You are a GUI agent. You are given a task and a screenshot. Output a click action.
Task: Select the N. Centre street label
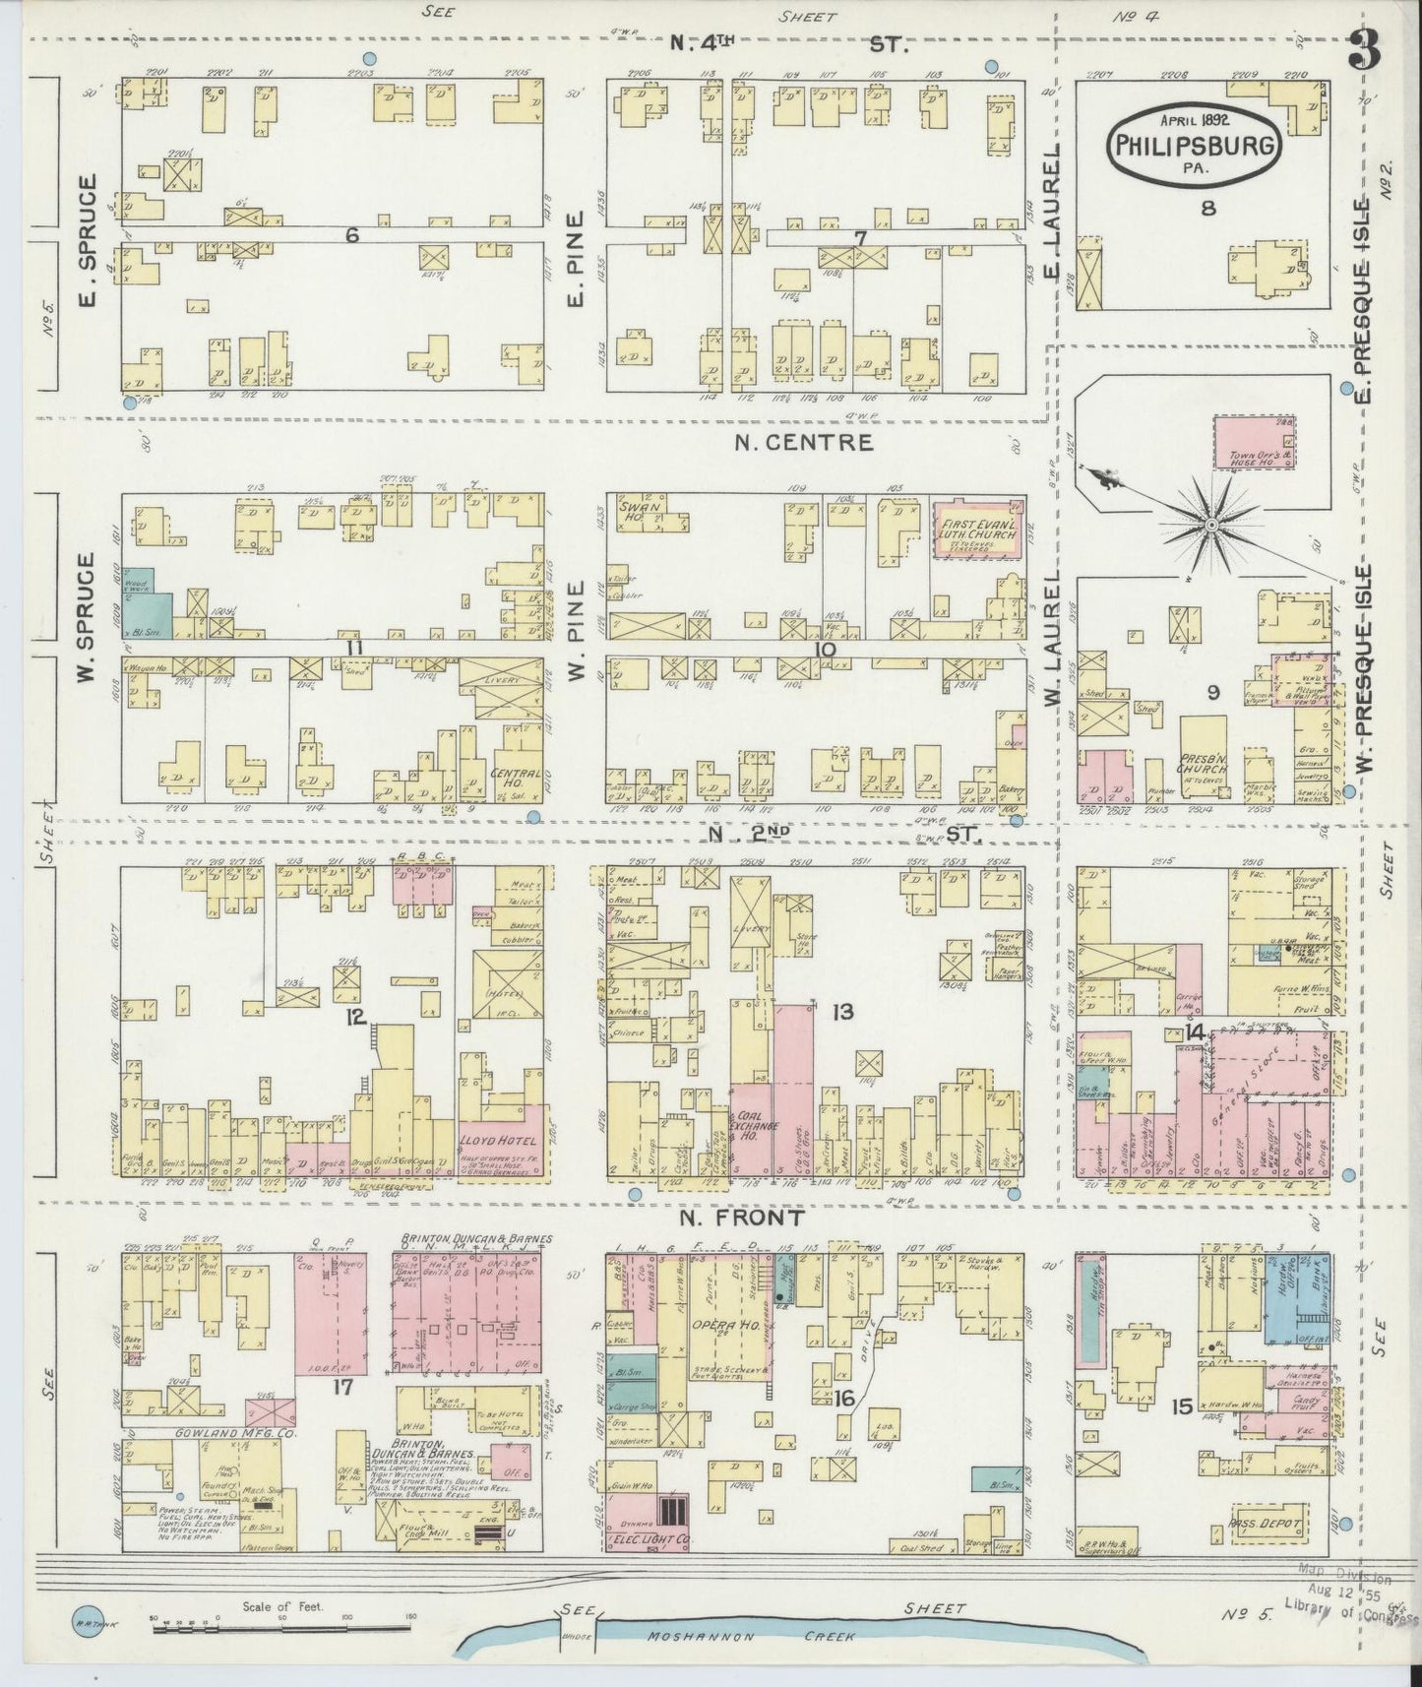[803, 442]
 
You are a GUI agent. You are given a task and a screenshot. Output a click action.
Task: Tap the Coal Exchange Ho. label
[752, 1125]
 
